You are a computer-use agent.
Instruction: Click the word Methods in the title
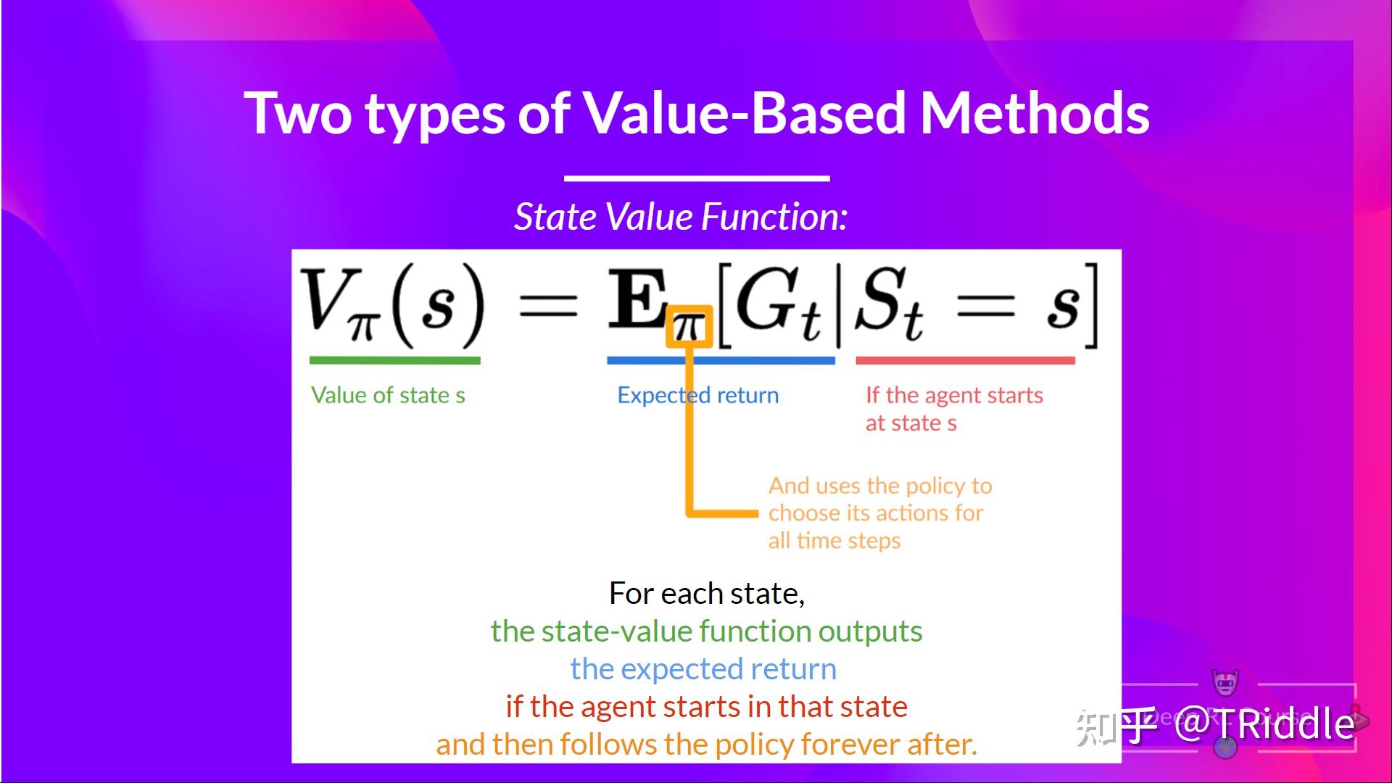tap(1035, 113)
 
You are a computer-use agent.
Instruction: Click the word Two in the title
tap(298, 113)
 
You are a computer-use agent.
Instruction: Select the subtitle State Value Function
tap(681, 217)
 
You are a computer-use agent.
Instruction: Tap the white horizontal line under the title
tap(697, 178)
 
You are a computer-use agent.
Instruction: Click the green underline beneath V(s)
tap(395, 360)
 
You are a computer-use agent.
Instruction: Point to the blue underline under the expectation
tap(721, 360)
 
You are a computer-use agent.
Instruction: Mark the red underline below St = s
tap(965, 360)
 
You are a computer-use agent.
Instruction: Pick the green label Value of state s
tap(388, 395)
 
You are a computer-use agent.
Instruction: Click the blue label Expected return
tap(698, 395)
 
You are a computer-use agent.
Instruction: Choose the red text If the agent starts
tap(954, 395)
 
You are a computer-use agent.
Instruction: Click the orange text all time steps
tap(834, 541)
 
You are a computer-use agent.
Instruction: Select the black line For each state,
tap(707, 593)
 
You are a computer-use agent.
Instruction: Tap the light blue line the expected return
tap(703, 668)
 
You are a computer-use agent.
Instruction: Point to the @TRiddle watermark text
tap(1265, 724)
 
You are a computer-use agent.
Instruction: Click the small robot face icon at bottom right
tap(1225, 682)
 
